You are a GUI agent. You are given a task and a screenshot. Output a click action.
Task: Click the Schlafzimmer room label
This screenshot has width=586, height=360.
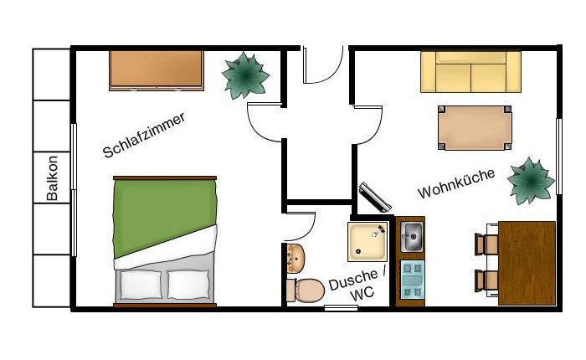point(144,135)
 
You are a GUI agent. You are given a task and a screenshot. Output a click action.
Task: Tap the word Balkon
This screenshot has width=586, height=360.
point(52,178)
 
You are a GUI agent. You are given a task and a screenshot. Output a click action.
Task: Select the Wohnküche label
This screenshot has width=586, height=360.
point(456,183)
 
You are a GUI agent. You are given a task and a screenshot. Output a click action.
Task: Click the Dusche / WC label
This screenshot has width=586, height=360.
point(357,285)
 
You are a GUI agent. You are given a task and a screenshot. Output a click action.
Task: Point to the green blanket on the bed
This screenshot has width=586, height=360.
point(164,217)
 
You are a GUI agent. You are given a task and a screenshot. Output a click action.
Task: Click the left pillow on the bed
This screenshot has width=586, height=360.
point(141,285)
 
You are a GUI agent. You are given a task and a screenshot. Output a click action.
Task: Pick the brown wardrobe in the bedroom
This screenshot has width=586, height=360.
point(157,70)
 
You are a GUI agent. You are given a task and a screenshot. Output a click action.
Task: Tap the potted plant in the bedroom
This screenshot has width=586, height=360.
point(245,76)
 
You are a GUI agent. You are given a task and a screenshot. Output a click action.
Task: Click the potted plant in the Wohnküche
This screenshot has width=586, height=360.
point(531,182)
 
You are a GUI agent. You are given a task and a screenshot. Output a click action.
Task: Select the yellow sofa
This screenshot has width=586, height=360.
point(470,72)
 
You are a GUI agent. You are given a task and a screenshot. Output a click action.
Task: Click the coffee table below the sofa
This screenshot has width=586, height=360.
point(475,128)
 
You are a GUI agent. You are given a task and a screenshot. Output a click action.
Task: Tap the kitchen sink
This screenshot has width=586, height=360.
point(412,236)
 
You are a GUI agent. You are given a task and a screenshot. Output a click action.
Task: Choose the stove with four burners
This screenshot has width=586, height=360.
point(412,280)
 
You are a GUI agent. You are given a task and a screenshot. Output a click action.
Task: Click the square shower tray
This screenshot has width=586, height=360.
point(368,241)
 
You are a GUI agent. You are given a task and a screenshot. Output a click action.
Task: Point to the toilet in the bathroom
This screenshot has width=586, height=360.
point(306,291)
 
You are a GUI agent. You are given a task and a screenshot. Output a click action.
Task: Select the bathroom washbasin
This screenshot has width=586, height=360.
point(296,259)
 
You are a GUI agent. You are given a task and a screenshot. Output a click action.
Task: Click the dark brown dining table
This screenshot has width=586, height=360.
point(527,263)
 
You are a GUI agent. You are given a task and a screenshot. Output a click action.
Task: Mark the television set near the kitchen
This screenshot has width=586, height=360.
point(375,197)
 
